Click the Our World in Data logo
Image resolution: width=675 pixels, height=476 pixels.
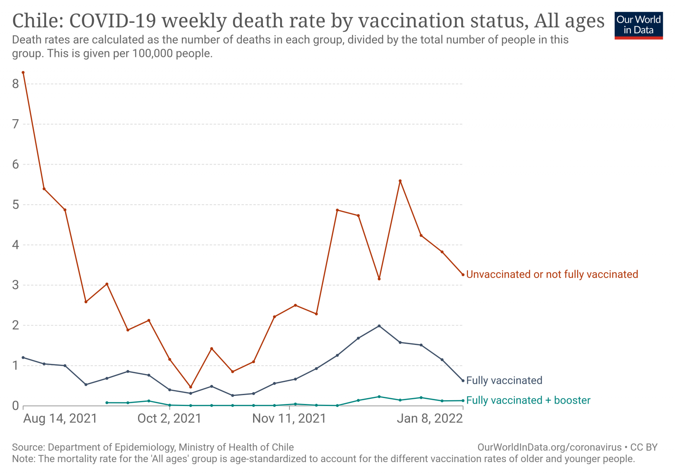click(638, 25)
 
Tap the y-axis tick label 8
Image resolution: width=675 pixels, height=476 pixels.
click(16, 84)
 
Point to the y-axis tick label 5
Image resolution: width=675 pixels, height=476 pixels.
click(16, 205)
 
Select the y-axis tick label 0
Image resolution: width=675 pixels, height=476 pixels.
click(16, 406)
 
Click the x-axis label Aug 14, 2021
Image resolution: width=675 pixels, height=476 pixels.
click(60, 419)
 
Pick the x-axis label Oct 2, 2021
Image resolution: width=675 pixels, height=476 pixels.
click(169, 419)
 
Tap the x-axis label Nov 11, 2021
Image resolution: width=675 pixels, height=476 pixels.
click(289, 419)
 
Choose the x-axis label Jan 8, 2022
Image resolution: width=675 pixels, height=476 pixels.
click(429, 419)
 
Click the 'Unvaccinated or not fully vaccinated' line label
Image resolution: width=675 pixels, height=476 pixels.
click(552, 274)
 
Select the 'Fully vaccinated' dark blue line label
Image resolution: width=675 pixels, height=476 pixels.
click(504, 380)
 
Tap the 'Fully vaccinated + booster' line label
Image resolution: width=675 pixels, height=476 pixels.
click(528, 400)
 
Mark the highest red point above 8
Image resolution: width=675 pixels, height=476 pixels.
click(23, 72)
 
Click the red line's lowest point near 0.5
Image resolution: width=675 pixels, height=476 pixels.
click(191, 387)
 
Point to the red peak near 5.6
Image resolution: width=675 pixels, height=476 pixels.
click(400, 181)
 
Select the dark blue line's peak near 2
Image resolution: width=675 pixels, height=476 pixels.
click(379, 326)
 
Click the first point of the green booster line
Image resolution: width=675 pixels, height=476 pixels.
click(107, 403)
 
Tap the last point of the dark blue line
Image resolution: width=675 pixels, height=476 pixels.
click(463, 380)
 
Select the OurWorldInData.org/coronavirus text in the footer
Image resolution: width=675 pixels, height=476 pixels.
click(549, 447)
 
